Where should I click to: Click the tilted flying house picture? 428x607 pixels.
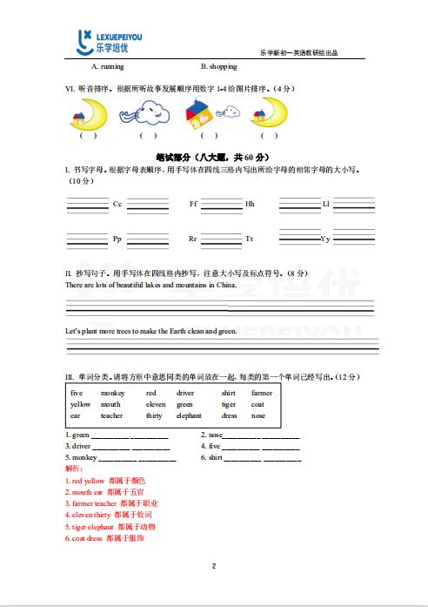tap(202, 111)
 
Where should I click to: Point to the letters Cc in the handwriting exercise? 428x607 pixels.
tap(117, 204)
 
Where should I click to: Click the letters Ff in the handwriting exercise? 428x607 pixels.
tap(193, 204)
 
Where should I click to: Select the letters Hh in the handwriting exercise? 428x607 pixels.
tap(250, 204)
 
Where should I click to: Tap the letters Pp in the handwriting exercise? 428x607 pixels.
tap(117, 239)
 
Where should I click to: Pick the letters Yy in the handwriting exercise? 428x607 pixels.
tap(325, 239)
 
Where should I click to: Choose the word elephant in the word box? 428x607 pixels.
tap(189, 415)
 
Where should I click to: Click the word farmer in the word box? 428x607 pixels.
tap(262, 393)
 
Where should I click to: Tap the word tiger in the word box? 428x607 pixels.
tap(229, 404)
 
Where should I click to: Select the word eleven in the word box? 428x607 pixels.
tap(156, 404)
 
